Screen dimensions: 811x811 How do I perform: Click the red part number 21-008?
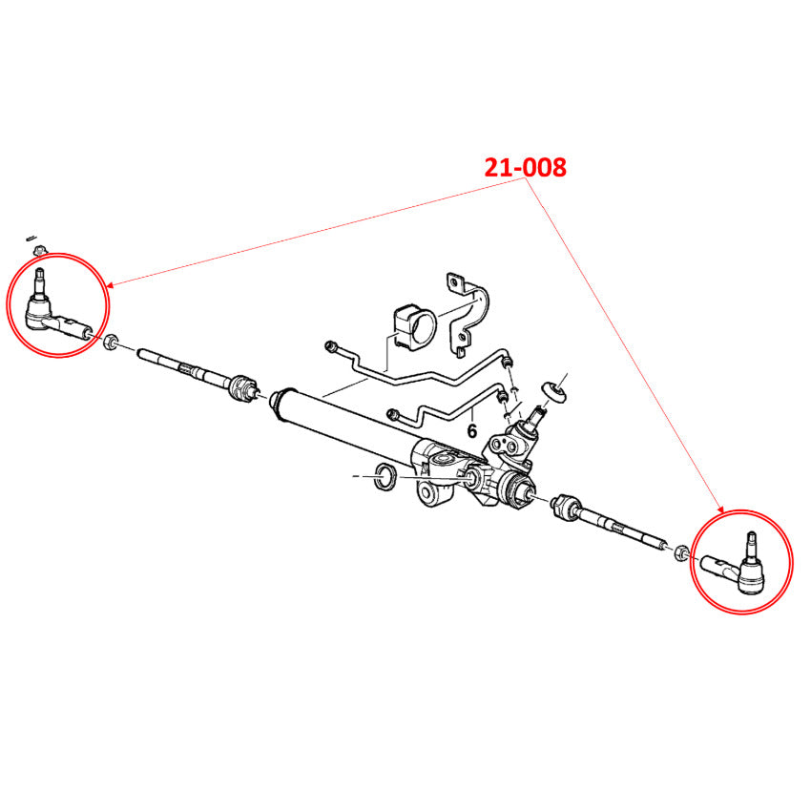coord(525,168)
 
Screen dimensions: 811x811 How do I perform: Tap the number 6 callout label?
coord(471,430)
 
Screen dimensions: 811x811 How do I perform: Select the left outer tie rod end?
coord(54,309)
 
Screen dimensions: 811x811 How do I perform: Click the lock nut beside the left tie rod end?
coord(111,342)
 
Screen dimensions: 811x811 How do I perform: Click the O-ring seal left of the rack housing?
coord(385,477)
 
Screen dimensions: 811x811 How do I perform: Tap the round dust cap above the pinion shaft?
coord(554,390)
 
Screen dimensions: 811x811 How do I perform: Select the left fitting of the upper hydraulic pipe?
coord(331,346)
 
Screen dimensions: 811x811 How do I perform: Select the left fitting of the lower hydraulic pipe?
coord(394,414)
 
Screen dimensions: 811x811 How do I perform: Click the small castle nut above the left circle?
coord(38,251)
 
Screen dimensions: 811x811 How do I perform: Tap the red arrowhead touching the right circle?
coord(720,509)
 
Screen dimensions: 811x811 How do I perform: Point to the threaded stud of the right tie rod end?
coord(751,545)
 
